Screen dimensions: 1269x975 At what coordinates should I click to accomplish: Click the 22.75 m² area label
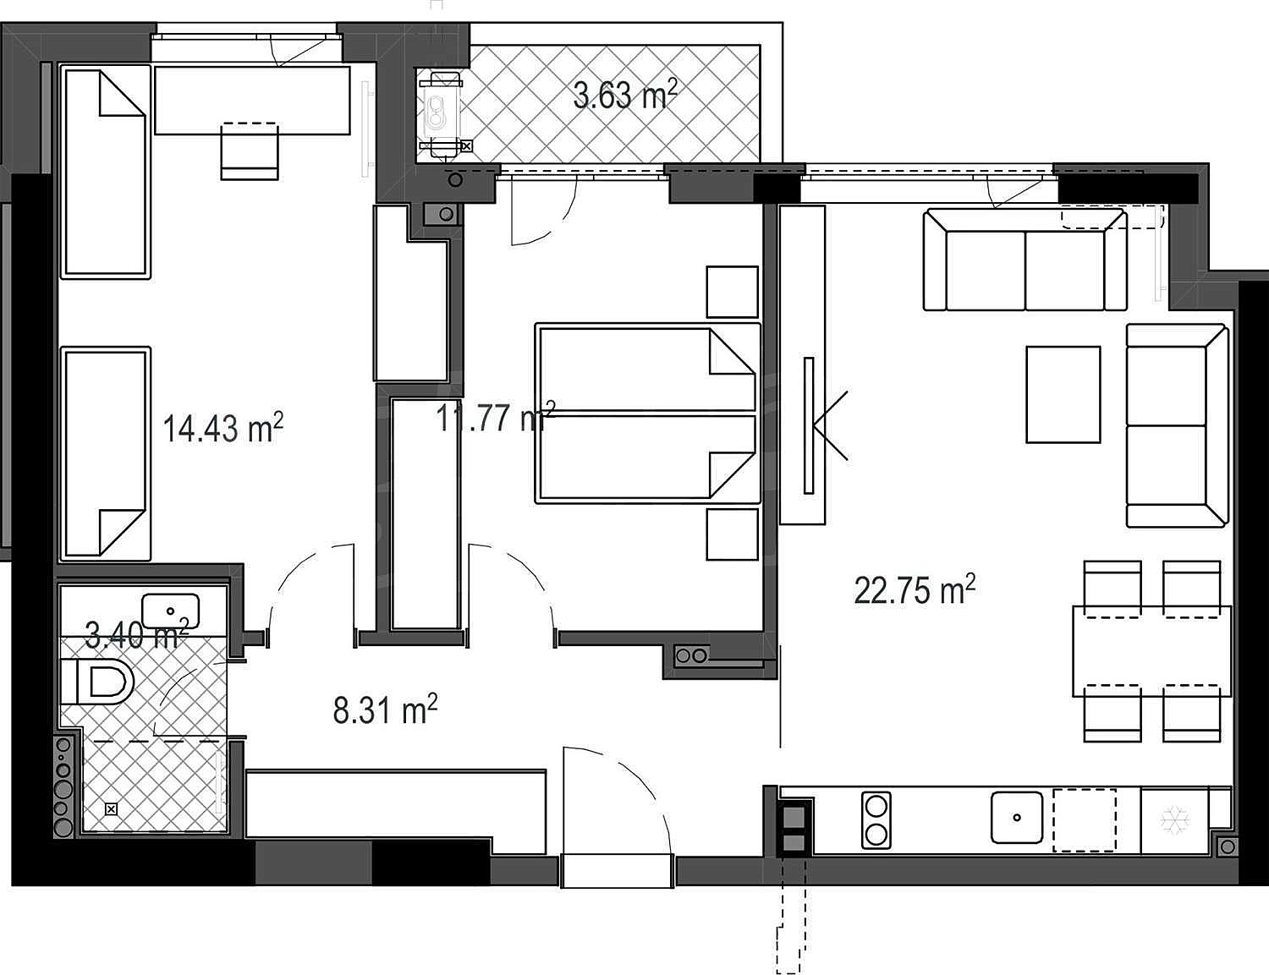tap(915, 589)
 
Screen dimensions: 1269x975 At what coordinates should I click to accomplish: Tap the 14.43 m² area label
tap(223, 428)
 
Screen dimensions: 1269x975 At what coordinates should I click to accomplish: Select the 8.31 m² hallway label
tap(385, 709)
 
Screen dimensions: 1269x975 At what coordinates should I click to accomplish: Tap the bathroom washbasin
tap(171, 611)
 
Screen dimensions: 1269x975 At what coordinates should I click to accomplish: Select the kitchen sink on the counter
tap(1017, 818)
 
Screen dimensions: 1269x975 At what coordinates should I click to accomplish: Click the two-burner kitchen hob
tap(876, 819)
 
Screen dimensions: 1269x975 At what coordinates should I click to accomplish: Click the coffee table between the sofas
tap(1063, 394)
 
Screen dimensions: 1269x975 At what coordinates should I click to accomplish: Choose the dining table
tap(1152, 651)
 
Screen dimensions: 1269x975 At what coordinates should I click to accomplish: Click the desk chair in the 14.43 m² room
tap(250, 151)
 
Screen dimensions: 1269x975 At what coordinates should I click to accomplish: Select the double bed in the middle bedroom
tap(648, 414)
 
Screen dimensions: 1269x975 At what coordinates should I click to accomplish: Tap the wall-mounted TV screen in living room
tap(809, 426)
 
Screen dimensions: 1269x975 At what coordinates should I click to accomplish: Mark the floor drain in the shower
tap(111, 809)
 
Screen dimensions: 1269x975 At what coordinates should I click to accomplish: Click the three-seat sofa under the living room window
tap(1025, 260)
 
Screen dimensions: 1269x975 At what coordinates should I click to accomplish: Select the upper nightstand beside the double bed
tap(733, 292)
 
